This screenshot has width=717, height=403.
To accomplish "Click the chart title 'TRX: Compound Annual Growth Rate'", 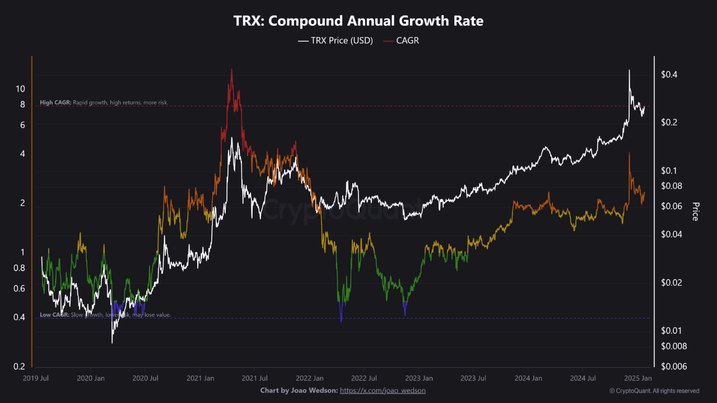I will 358,21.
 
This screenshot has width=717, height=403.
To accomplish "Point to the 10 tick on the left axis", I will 20,89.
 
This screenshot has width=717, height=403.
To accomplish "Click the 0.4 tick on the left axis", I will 19,317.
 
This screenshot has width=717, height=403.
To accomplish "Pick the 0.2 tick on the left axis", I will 19,367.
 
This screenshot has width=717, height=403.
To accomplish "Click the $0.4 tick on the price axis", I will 670,74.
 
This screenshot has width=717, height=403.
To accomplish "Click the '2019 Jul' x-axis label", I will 36,378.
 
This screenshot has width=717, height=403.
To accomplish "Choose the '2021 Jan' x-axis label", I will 200,378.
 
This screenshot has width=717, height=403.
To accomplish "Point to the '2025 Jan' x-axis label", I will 637,378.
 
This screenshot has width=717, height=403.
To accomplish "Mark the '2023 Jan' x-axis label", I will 418,378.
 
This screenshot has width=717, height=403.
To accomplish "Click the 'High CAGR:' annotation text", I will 55,103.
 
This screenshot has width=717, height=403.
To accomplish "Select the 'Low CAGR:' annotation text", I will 54,315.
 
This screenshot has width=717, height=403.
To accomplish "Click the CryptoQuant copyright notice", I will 654,391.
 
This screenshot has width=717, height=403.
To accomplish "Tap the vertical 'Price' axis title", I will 695,212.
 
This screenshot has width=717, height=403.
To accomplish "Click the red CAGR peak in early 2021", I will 231,70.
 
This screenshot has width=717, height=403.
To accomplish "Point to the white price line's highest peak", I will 629,71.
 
